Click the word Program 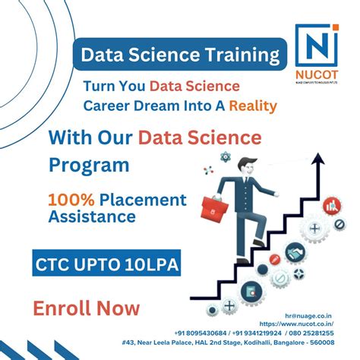(x=89, y=163)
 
